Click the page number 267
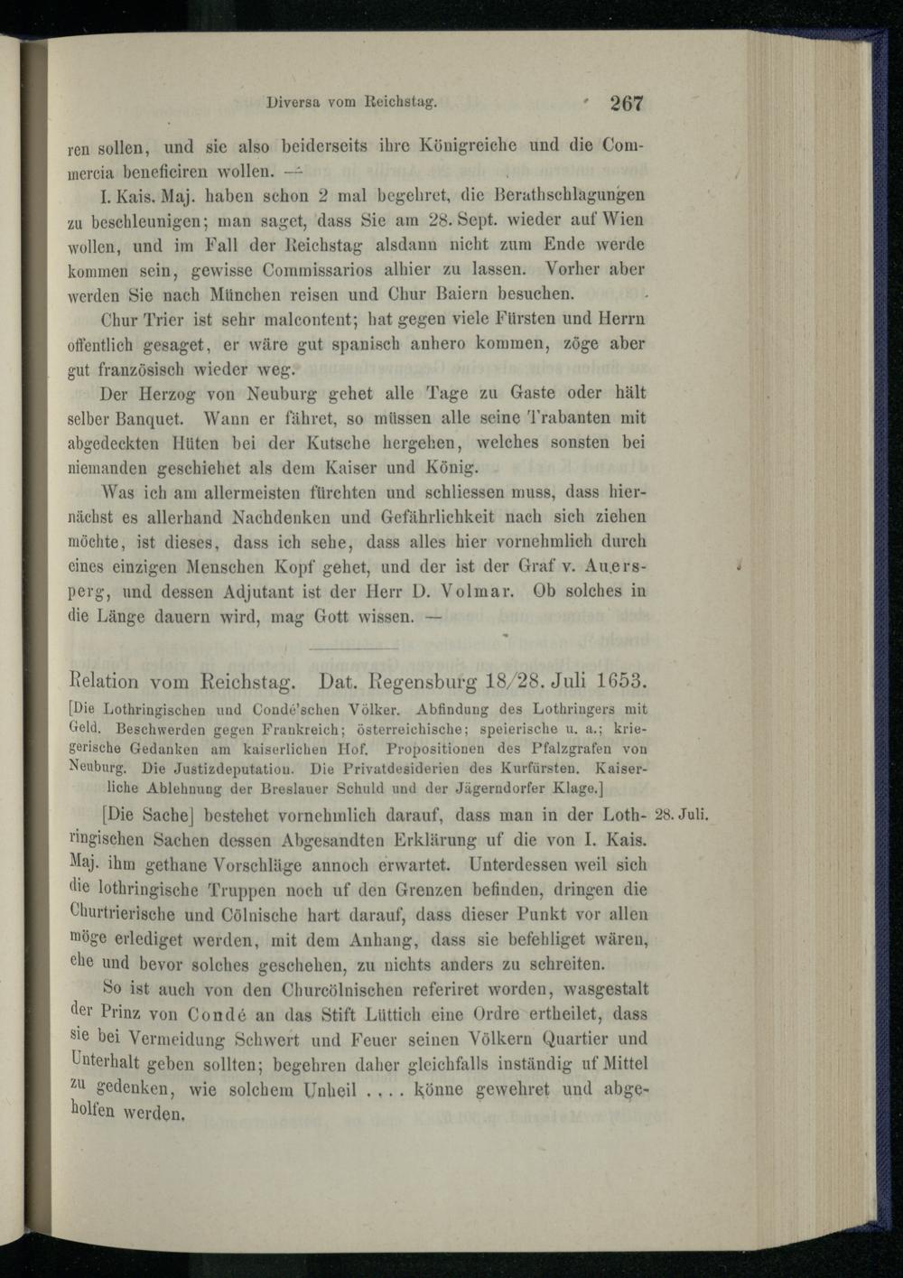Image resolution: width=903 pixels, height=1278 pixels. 627,103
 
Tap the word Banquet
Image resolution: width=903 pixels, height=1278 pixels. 151,419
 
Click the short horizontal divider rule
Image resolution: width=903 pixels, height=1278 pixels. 353,648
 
